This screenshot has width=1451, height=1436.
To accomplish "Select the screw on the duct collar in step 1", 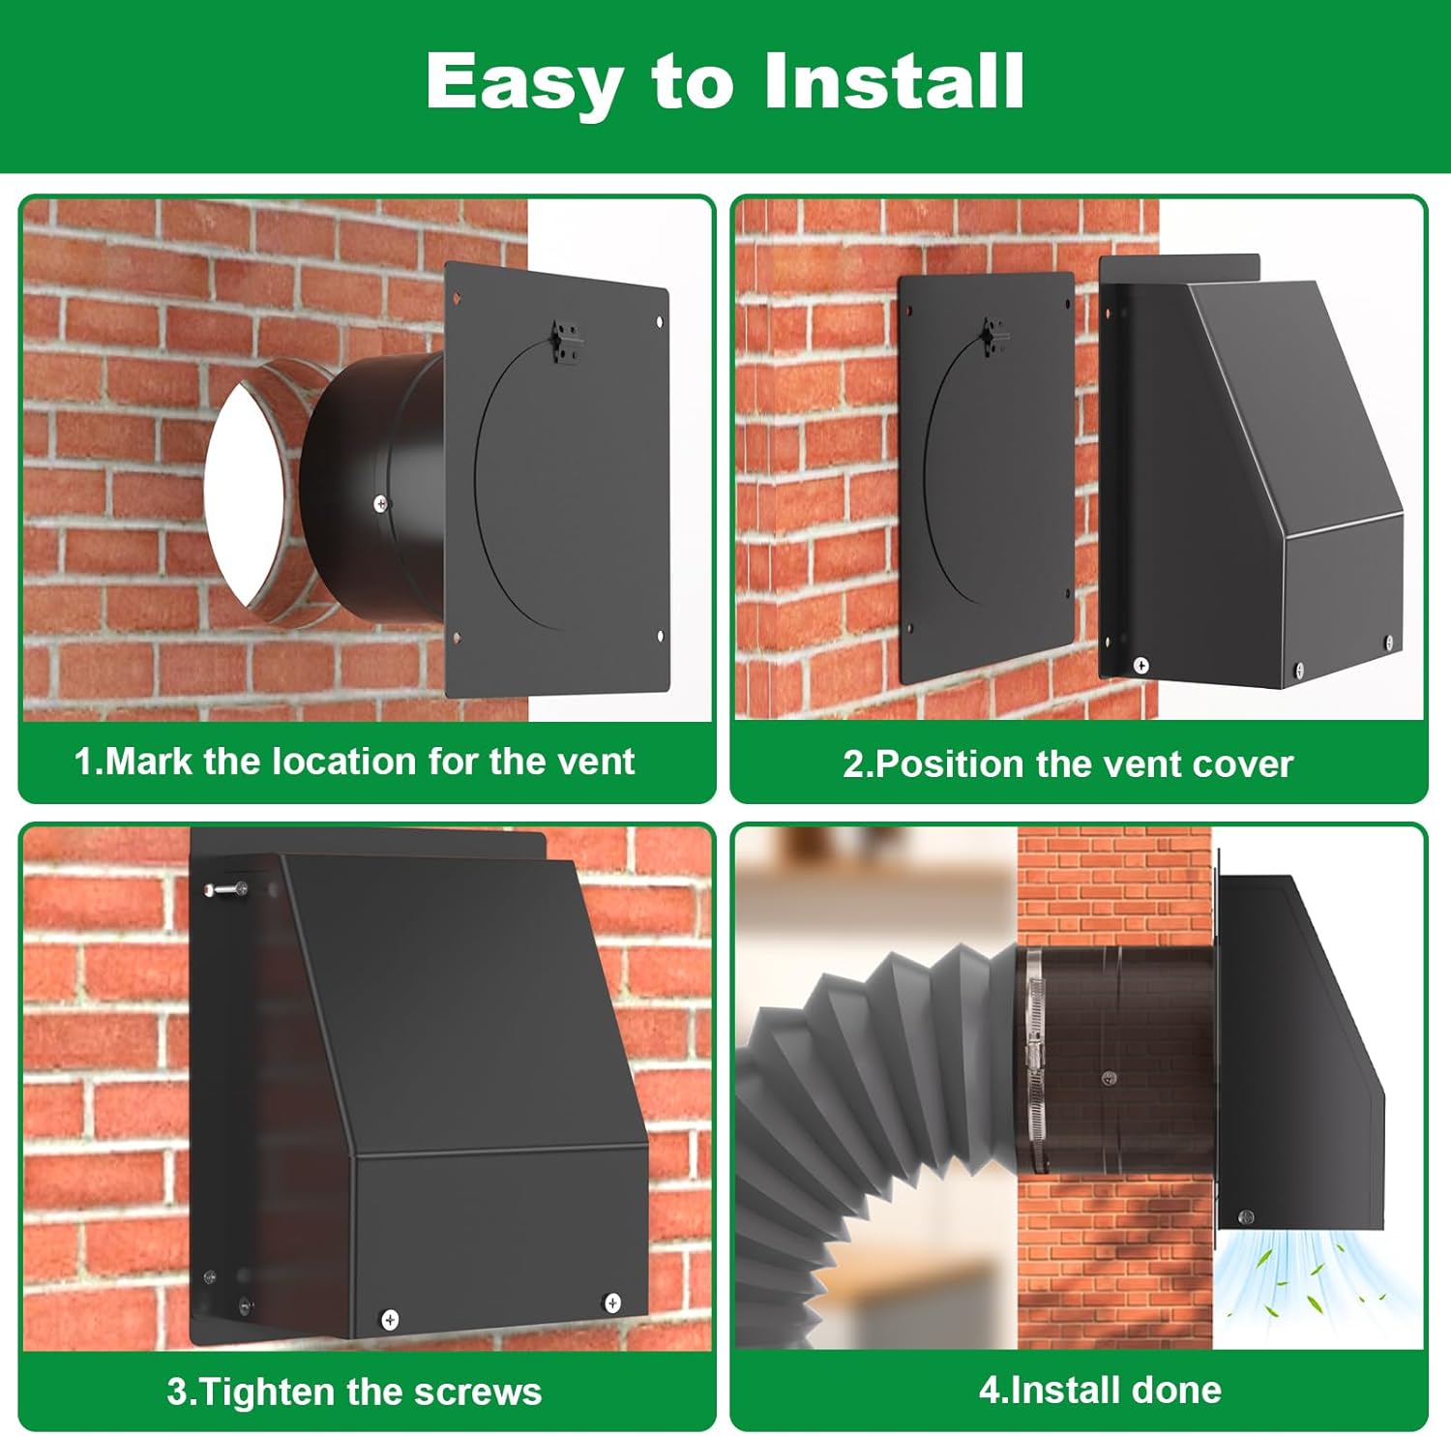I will click(380, 503).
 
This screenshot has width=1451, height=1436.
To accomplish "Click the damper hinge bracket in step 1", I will click(566, 344).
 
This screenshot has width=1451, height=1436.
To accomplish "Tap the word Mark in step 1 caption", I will click(148, 762).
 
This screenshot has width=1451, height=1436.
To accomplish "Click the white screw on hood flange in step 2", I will click(1140, 666).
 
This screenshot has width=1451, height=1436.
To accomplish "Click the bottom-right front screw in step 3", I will click(611, 1302).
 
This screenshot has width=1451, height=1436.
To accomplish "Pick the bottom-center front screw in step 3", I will click(390, 1319).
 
